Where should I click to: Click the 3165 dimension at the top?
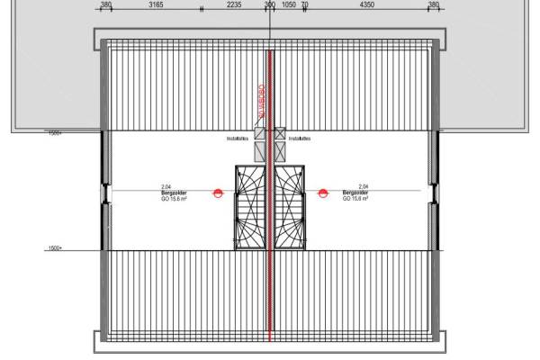156,4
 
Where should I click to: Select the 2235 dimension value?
233,4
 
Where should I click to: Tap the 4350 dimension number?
366,4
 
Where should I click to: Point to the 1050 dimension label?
289,4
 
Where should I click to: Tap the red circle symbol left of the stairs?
218,192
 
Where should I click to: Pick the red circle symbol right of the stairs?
323,192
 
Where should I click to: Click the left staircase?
250,206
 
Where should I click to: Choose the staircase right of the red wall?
290,206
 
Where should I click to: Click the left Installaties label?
238,139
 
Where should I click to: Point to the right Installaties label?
301,139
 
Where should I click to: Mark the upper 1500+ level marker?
55,133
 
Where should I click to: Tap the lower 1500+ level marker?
55,247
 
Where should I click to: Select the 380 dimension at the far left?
106,4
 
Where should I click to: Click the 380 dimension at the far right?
434,4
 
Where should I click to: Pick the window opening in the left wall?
104,192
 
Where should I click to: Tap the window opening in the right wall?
436,192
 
